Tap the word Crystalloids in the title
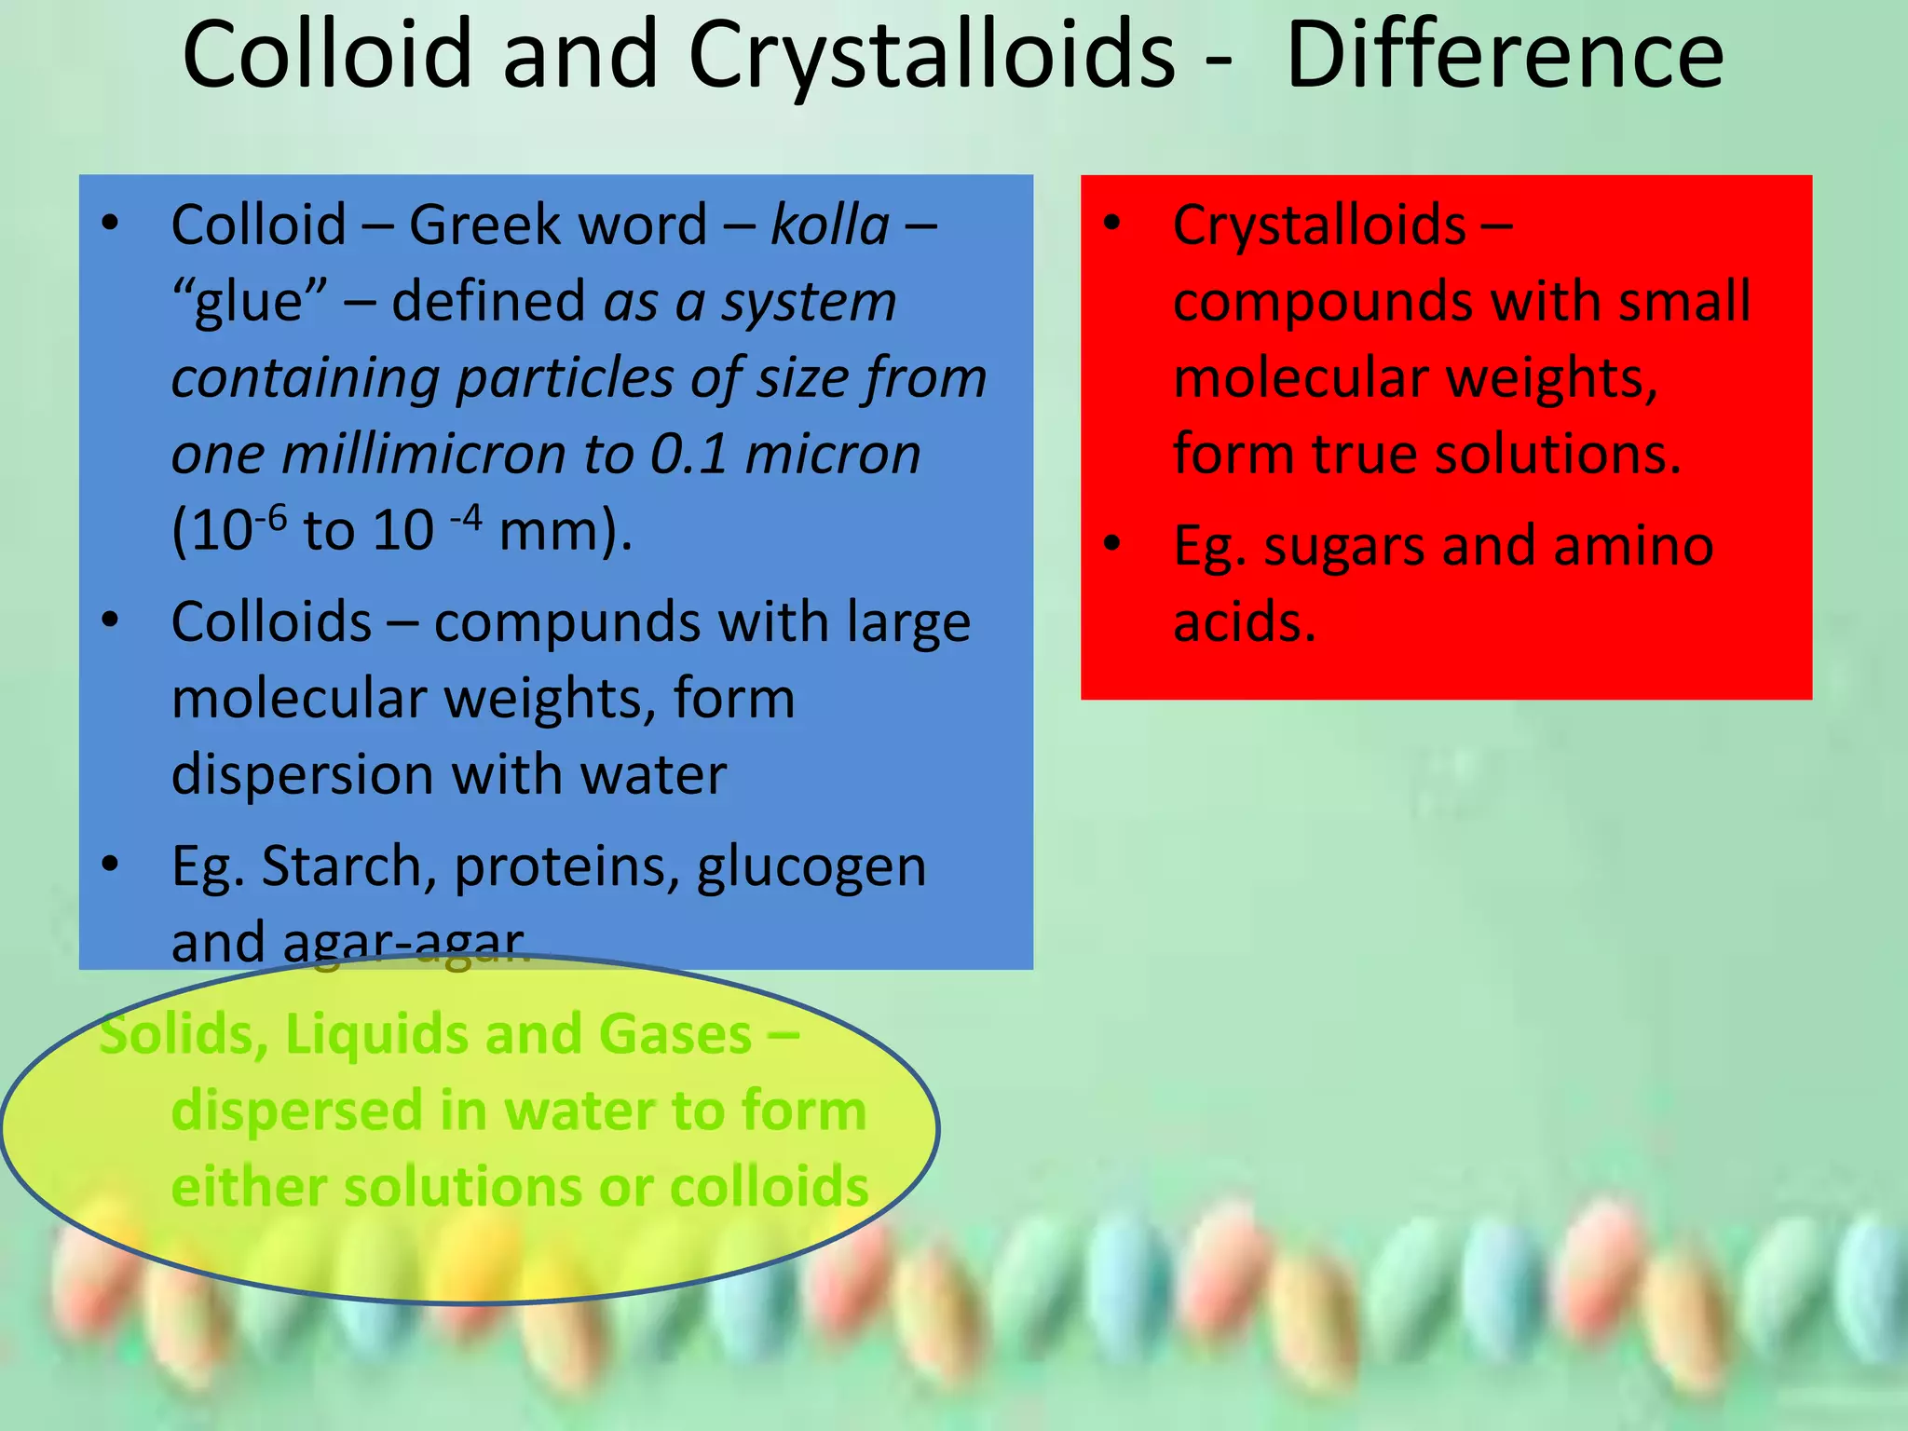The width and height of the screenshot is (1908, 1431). [932, 58]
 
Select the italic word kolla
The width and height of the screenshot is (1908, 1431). [830, 225]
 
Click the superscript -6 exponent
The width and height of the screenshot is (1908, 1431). [271, 515]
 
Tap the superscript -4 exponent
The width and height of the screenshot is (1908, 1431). [466, 515]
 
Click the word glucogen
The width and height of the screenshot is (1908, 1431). [811, 868]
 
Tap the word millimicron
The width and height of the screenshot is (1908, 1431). [425, 455]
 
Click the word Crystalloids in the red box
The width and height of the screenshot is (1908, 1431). [1319, 225]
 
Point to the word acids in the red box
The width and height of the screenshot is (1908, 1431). [1244, 622]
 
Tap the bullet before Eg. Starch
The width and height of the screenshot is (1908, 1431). [111, 864]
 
